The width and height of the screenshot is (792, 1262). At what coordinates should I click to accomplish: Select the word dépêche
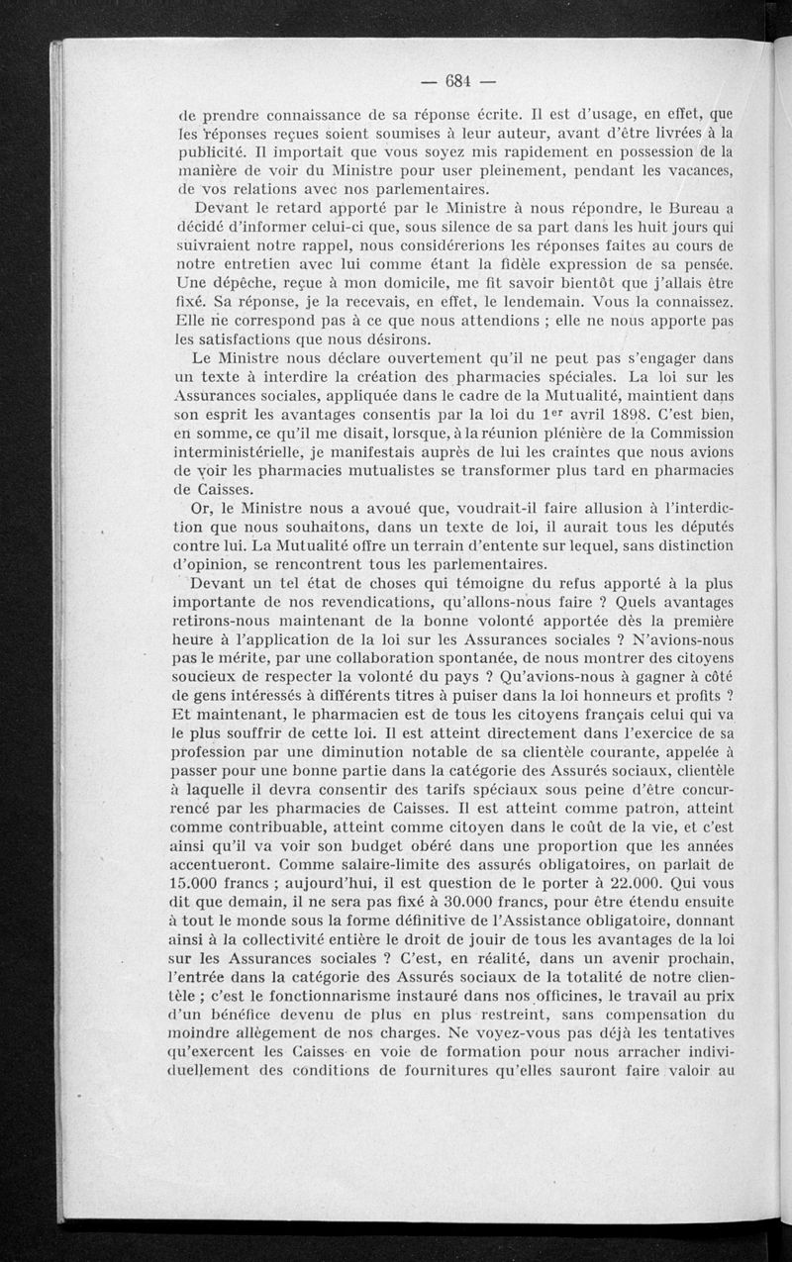(x=236, y=281)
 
